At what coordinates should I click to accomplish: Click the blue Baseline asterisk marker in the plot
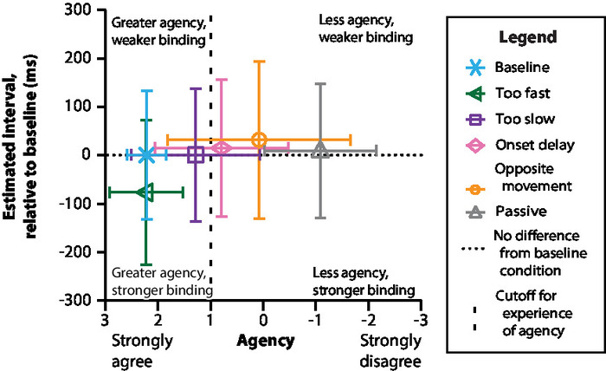146,155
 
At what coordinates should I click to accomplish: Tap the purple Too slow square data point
196,155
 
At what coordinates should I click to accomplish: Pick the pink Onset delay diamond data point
221,148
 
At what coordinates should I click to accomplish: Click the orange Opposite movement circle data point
259,140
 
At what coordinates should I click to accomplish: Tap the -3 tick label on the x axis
420,319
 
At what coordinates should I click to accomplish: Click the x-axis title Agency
266,340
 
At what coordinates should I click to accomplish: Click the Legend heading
527,38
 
